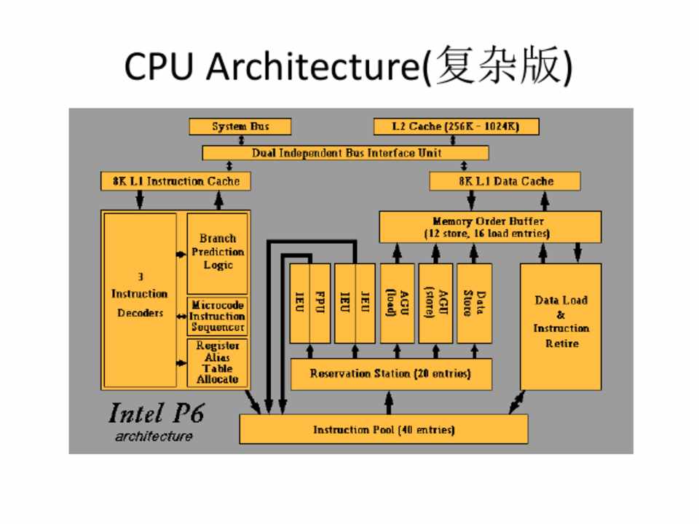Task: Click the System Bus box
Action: pyautogui.click(x=240, y=127)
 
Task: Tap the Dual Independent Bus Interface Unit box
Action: pyautogui.click(x=346, y=153)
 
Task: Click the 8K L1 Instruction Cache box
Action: pyautogui.click(x=175, y=180)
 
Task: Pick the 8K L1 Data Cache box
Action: pyautogui.click(x=505, y=180)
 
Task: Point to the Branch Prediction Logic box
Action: pyautogui.click(x=218, y=252)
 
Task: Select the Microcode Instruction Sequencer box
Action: pyautogui.click(x=217, y=316)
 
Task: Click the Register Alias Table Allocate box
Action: pyautogui.click(x=217, y=362)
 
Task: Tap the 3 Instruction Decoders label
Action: pyautogui.click(x=139, y=294)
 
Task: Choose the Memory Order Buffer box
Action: pyautogui.click(x=490, y=227)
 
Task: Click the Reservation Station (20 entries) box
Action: pyautogui.click(x=390, y=374)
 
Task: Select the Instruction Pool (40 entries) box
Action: pyautogui.click(x=384, y=429)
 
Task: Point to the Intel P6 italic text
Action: pyautogui.click(x=156, y=413)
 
